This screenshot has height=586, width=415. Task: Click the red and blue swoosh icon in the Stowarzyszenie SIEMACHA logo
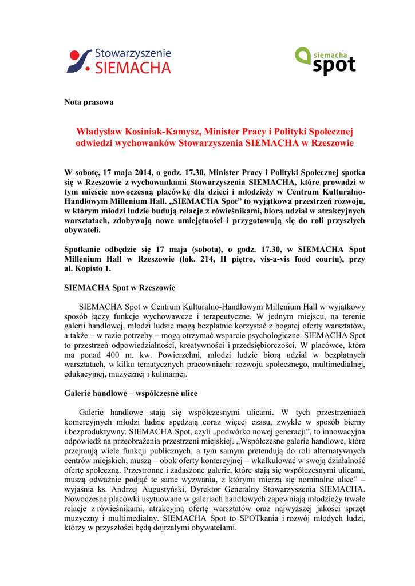tap(80, 61)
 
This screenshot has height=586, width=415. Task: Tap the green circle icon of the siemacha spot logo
tap(303, 55)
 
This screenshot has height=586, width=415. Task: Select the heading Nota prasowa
tap(89, 102)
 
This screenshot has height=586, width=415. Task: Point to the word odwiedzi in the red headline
tap(94, 142)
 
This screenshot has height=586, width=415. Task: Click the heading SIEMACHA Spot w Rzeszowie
tap(120, 287)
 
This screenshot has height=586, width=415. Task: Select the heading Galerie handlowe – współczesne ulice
tap(131, 394)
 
